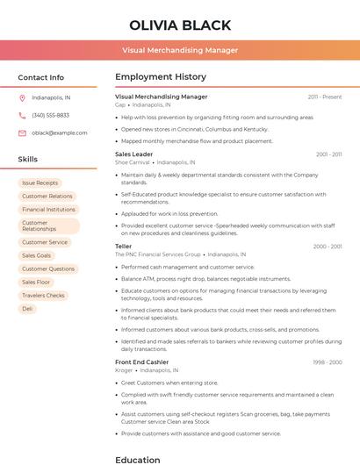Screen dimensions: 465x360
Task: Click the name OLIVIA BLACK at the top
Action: click(180, 25)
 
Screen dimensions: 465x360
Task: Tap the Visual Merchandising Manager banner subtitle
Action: click(180, 50)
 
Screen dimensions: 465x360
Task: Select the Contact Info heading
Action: click(41, 77)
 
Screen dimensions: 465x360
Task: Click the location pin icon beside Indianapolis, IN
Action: click(22, 97)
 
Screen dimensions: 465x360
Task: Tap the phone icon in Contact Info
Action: click(22, 115)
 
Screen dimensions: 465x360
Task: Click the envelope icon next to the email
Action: click(22, 132)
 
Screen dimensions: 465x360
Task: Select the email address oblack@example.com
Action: click(60, 132)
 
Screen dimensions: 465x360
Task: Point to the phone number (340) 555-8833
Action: click(50, 115)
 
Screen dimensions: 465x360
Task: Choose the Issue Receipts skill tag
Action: click(40, 182)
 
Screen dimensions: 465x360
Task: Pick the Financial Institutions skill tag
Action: click(48, 210)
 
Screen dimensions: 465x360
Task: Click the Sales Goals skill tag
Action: click(37, 255)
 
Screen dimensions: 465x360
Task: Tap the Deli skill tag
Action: click(27, 309)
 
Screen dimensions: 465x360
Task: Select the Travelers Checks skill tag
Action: click(43, 296)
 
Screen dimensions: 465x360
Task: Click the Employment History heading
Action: click(161, 77)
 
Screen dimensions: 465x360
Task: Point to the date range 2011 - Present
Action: click(325, 97)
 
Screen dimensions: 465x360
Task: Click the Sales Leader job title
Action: click(133, 154)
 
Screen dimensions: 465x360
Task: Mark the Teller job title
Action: click(123, 247)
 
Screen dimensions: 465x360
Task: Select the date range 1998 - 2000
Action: click(328, 361)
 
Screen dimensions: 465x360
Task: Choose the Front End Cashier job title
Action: click(141, 361)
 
